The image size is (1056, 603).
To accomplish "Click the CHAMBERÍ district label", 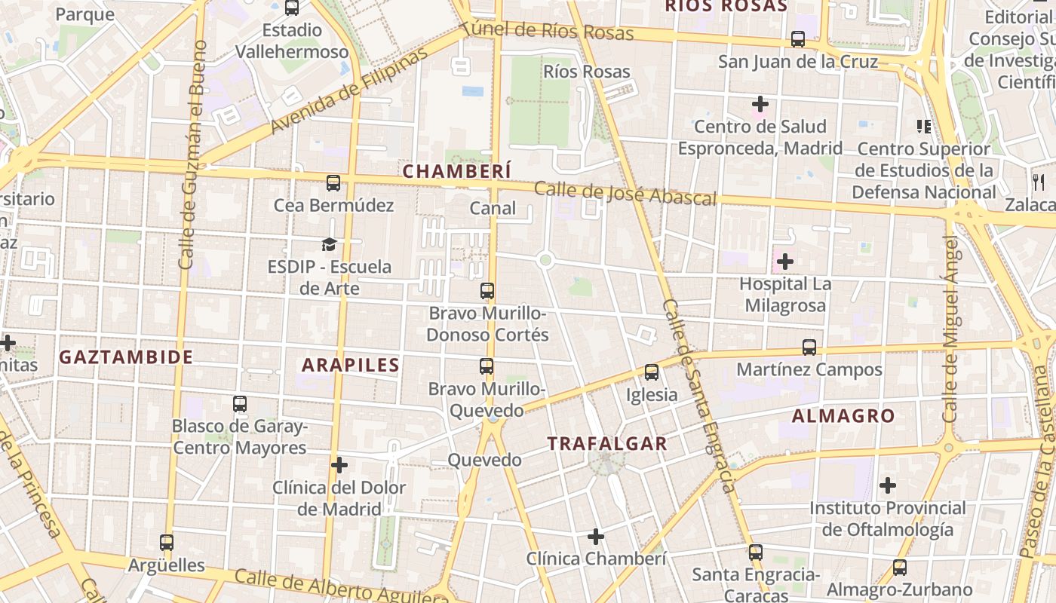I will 456,172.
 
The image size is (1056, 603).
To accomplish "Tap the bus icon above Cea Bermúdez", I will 333,182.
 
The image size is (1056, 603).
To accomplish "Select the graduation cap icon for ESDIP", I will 328,244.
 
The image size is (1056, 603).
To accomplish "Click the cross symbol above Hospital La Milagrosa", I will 785,262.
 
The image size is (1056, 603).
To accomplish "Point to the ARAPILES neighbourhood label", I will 351,366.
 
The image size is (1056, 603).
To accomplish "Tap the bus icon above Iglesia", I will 652,372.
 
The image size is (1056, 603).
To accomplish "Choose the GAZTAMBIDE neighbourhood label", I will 126,357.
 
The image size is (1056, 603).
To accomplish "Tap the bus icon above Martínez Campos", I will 809,347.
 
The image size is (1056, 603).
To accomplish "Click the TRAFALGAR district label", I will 607,443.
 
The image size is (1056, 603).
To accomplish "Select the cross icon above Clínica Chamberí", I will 596,537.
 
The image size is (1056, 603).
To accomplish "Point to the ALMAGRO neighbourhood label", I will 843,416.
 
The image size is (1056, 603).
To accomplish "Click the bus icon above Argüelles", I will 167,542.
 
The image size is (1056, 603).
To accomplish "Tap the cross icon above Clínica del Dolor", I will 339,465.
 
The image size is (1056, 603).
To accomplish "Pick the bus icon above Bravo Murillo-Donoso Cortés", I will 487,290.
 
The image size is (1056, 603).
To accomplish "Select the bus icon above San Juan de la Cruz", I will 798,39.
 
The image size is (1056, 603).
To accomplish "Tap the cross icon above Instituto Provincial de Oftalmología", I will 888,485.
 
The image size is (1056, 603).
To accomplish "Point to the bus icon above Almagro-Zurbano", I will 899,568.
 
